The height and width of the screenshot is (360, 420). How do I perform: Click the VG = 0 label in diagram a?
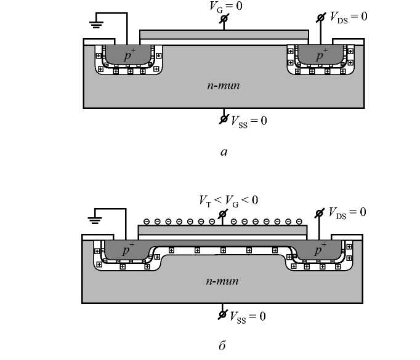tap(226, 6)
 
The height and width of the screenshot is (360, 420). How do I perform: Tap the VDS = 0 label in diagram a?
tap(349, 17)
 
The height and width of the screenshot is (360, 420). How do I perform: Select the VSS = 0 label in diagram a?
tap(249, 121)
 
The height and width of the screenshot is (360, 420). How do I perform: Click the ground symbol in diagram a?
tap(96, 25)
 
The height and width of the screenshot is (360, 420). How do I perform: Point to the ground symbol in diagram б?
tap(95, 220)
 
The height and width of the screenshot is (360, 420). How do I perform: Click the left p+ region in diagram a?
tap(128, 55)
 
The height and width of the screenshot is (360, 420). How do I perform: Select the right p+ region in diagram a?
tap(320, 55)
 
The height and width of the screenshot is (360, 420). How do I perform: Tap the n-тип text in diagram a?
tap(224, 86)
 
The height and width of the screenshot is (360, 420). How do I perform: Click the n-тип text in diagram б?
tap(222, 281)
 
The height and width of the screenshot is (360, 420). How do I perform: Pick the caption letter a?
tap(224, 152)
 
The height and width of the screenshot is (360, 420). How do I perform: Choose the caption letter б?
tap(222, 346)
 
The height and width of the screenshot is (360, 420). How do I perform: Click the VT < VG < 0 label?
tap(228, 201)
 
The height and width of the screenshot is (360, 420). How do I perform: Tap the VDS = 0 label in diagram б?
tap(347, 213)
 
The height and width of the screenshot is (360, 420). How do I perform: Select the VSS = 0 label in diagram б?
tap(248, 317)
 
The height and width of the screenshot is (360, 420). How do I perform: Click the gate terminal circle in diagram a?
tap(224, 18)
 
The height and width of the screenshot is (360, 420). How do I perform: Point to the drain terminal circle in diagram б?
tap(319, 214)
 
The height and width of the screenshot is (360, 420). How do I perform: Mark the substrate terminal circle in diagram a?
tap(224, 118)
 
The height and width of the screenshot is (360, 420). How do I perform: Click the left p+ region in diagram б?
tap(126, 250)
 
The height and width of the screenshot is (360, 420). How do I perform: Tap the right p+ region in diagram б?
tap(319, 250)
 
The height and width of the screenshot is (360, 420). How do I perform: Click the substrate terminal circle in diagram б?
tap(222, 314)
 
